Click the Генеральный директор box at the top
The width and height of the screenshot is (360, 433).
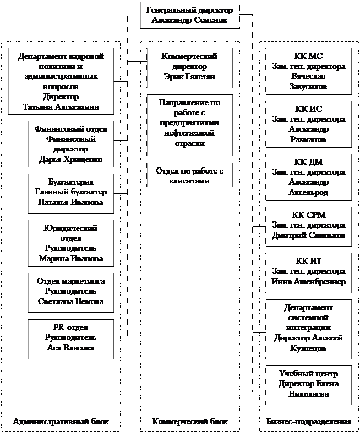189,16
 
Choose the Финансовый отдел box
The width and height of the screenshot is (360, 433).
70,144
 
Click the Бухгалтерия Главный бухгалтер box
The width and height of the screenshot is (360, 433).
70,192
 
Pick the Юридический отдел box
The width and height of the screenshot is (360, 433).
70,243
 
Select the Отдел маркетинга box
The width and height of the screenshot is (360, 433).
70,291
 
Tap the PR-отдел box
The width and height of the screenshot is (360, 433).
70,338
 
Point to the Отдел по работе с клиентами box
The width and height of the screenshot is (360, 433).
189,175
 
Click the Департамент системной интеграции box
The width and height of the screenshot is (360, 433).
308,328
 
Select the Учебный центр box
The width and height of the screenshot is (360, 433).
308,384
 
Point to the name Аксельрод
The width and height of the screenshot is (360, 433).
308,192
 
